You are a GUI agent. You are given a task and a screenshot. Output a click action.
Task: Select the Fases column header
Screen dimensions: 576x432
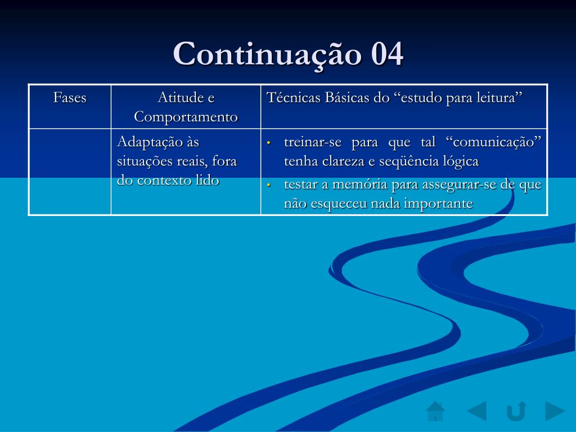coord(70,97)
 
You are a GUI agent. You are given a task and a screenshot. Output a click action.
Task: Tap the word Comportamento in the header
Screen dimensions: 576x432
coord(186,117)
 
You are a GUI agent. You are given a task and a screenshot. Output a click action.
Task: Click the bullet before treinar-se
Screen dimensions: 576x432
coord(269,142)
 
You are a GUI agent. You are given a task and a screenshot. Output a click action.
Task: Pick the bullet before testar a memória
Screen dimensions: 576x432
coord(269,184)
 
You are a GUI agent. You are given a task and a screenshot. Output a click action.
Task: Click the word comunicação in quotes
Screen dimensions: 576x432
coord(493,142)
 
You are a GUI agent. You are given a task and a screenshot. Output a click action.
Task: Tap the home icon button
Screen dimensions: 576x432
coord(436,411)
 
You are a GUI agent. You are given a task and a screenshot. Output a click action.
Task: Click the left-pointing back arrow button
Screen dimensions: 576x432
coord(477,411)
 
